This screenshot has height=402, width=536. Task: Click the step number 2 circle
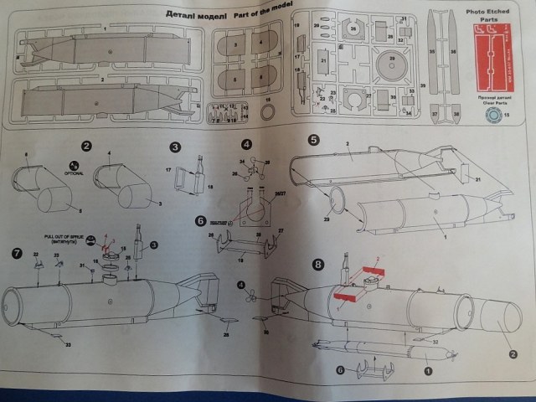(x=87, y=146)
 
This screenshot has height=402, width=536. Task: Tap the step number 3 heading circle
(x=175, y=147)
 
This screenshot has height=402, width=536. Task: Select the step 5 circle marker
(x=313, y=140)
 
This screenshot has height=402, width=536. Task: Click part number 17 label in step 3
(x=169, y=171)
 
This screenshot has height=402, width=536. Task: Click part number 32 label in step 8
(x=436, y=341)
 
